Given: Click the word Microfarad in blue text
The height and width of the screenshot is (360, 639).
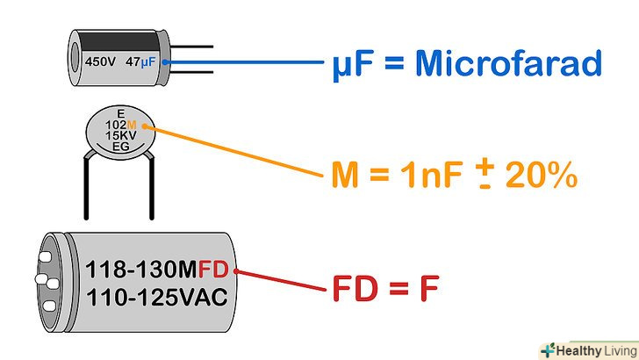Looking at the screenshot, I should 509,63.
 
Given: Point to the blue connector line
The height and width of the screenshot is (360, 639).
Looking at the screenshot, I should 246,63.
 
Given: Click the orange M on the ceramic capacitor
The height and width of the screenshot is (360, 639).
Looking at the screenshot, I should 133,125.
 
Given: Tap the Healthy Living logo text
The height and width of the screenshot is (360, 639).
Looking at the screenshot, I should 597,348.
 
